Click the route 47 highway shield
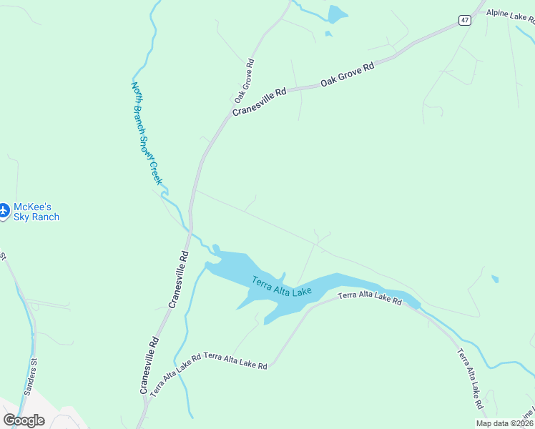tap(465, 21)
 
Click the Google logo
tap(24, 420)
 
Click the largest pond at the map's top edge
tap(337, 14)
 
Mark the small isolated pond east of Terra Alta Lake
tap(495, 279)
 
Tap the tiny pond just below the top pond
tap(328, 34)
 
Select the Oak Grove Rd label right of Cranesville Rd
tap(348, 75)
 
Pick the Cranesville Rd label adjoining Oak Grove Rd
tap(259, 102)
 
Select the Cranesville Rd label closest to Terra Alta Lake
tap(179, 280)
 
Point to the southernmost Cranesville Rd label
tap(147, 365)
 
